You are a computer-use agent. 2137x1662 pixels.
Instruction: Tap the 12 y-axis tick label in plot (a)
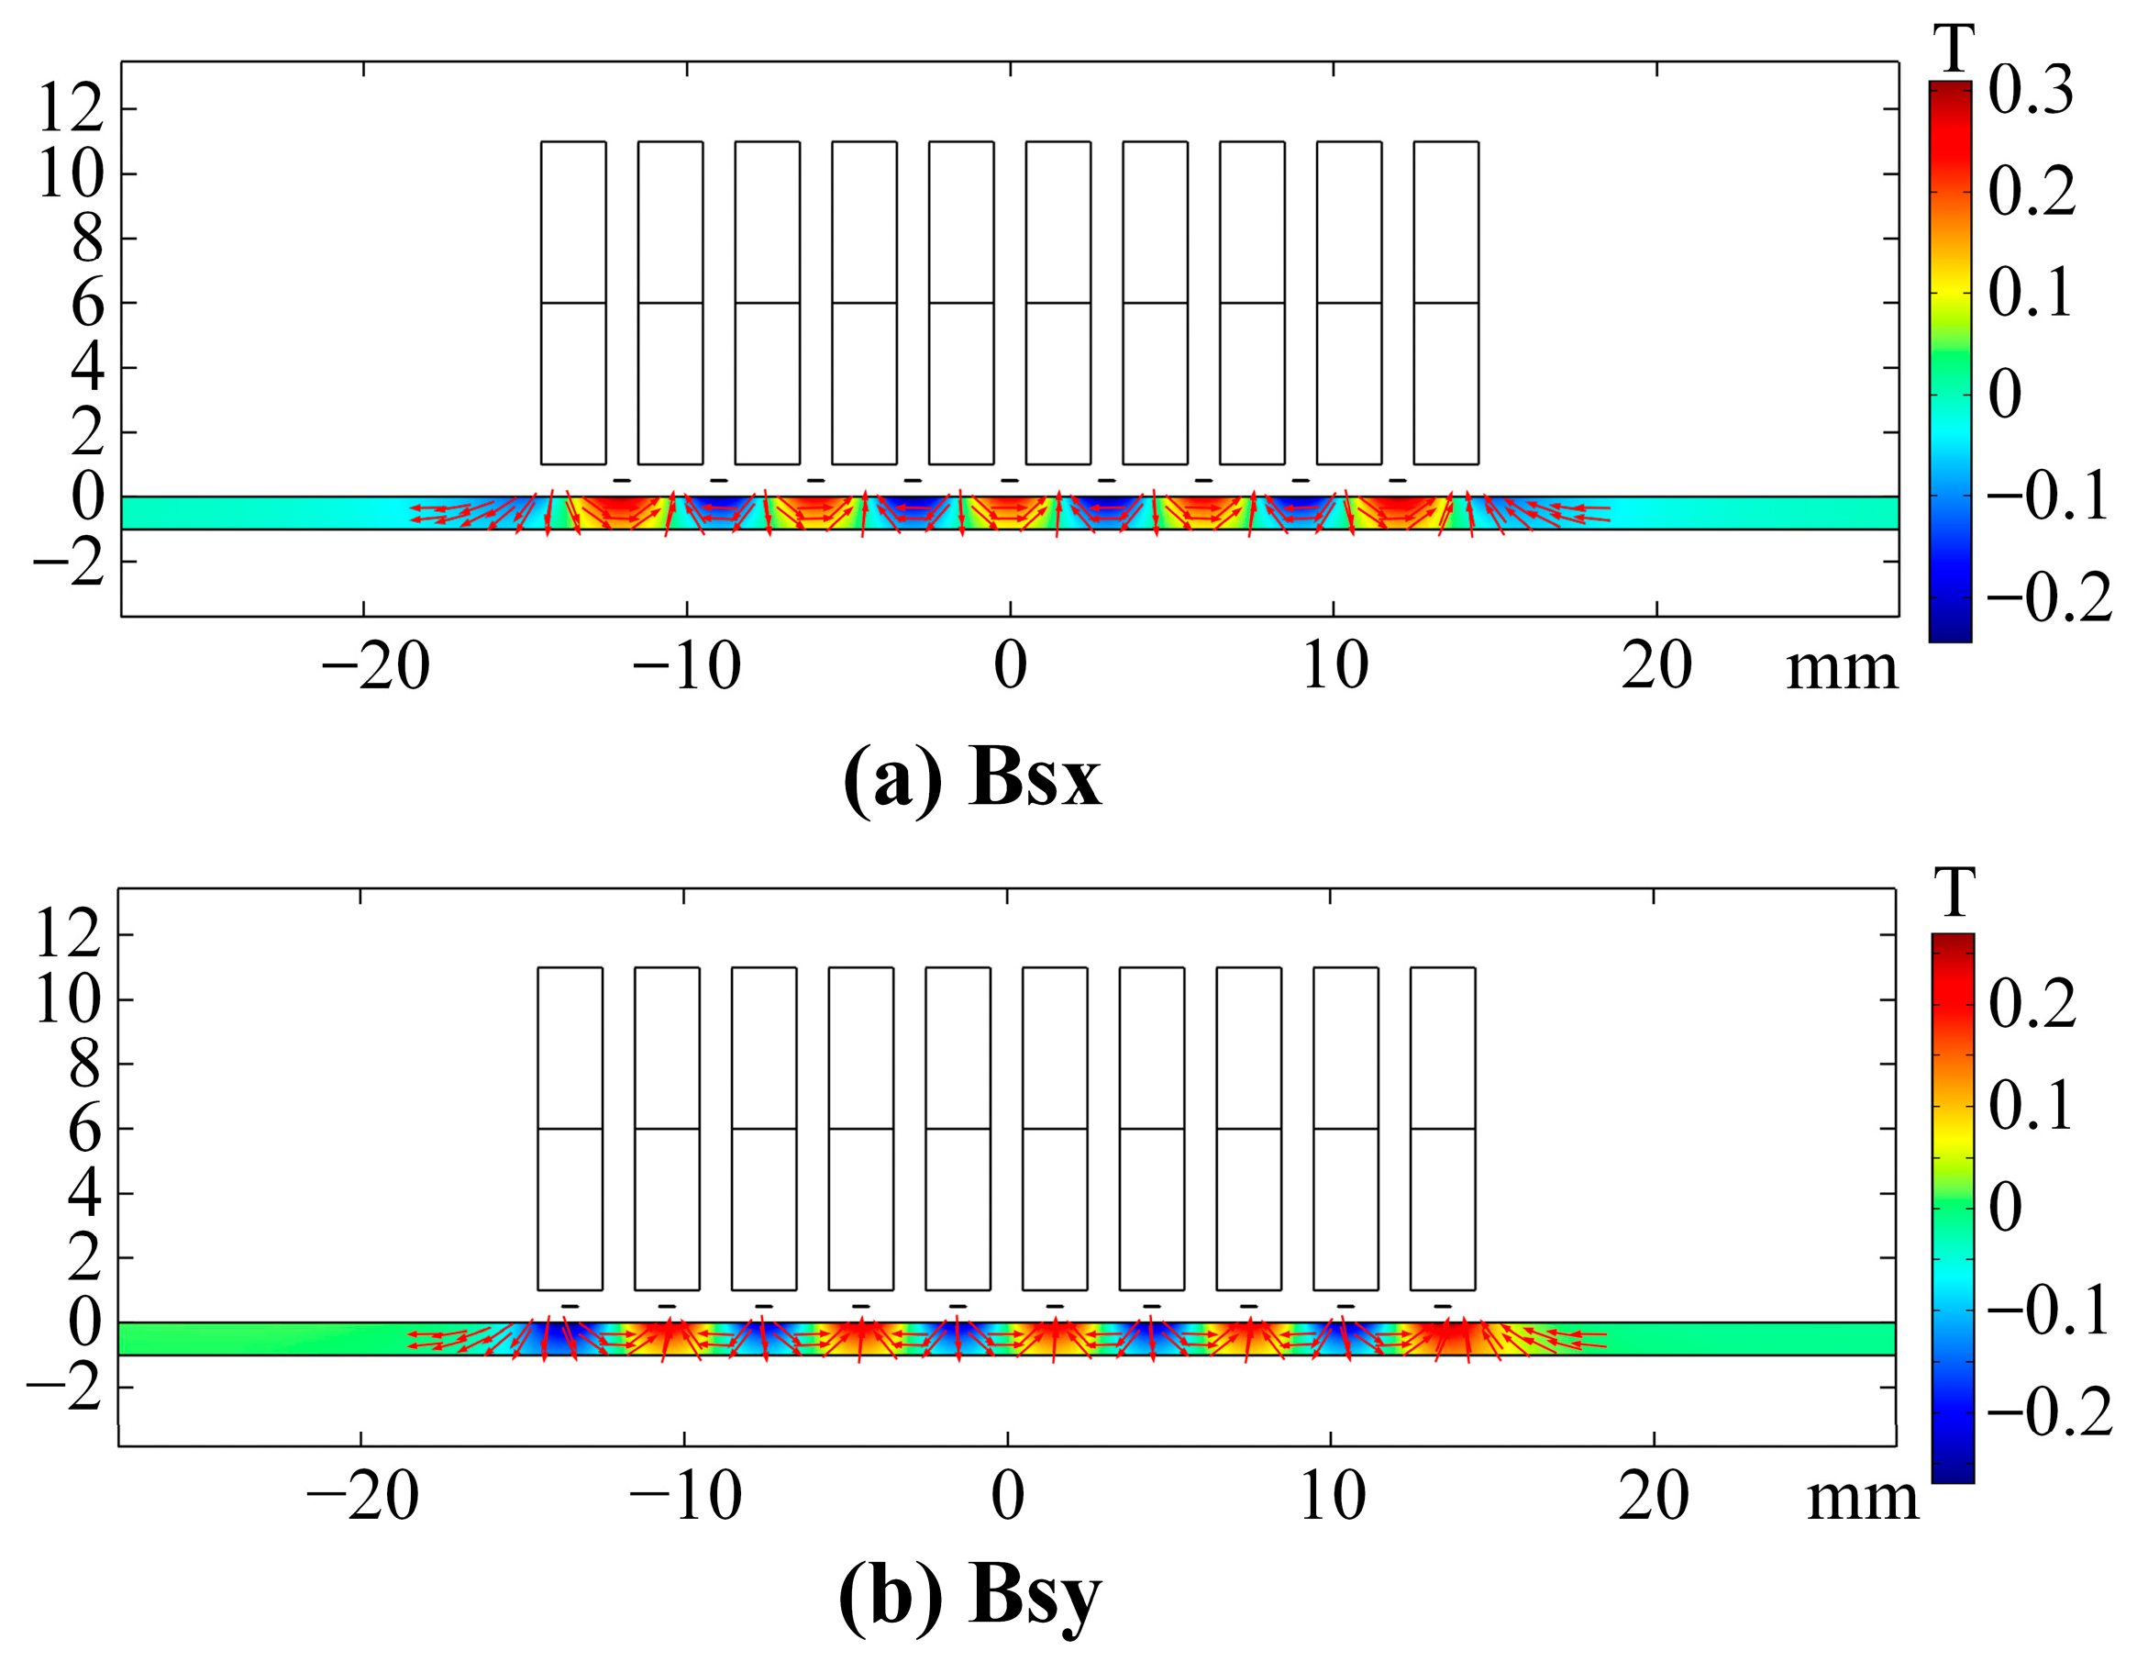[x=71, y=108]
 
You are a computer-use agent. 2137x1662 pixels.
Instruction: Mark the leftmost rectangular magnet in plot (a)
[x=572, y=303]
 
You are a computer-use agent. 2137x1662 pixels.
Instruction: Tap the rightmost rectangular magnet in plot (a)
[x=1445, y=303]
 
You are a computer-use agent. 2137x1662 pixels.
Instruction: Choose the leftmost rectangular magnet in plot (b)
[x=570, y=1129]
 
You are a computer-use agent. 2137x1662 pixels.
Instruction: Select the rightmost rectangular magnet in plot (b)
[x=1443, y=1129]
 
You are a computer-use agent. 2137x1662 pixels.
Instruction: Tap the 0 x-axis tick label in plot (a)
[x=1010, y=667]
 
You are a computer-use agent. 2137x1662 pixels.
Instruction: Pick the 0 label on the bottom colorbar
[x=2005, y=1208]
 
